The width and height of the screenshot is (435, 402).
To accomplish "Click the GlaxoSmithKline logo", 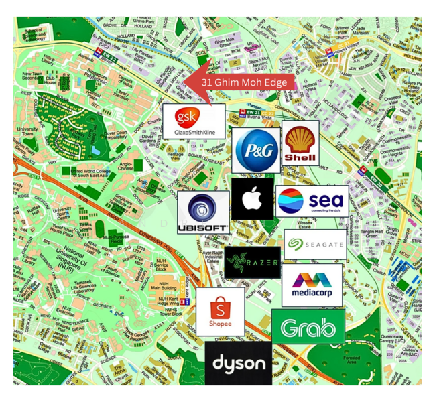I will point(194,121).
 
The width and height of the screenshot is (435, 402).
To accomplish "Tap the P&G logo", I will point(255,150).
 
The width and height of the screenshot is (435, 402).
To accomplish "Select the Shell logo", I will point(300,143).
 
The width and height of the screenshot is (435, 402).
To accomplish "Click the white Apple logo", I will point(252,198).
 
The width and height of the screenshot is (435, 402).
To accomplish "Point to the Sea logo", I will point(311,201).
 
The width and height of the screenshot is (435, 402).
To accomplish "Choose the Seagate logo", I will point(315,245).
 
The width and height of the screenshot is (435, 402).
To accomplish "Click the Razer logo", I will point(252,263).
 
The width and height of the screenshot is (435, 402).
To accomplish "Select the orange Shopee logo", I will point(220,312).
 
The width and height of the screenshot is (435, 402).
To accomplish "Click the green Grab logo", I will point(308,327).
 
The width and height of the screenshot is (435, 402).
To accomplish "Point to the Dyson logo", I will point(239,364).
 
